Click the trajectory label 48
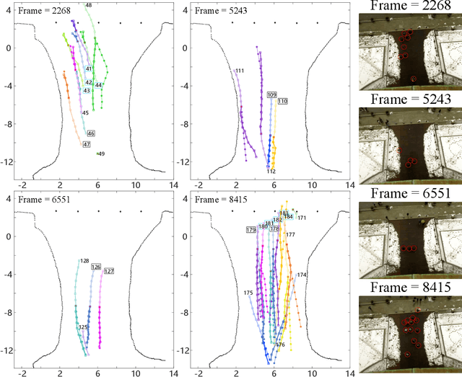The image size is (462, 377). tap(88, 5)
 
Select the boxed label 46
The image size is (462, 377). tap(90, 133)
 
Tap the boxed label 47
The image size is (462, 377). tap(87, 144)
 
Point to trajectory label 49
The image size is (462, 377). tap(101, 154)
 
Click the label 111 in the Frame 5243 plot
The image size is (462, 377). tap(240, 71)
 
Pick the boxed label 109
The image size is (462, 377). tap(271, 95)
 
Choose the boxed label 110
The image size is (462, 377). tap(282, 101)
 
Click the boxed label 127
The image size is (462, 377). tap(109, 271)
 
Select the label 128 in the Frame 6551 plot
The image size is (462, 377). tap(84, 261)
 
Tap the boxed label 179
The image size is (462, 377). tap(251, 230)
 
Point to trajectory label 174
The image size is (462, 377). tap(302, 275)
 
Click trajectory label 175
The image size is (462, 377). tap(248, 293)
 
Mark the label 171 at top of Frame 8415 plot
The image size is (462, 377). tap(302, 218)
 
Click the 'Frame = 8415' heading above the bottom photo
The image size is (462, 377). tap(411, 288)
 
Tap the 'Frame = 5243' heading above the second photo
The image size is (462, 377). tap(411, 99)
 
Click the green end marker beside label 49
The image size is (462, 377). tap(97, 154)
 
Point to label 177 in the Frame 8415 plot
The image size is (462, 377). tap(290, 235)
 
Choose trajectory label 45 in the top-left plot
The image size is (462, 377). tap(85, 113)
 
